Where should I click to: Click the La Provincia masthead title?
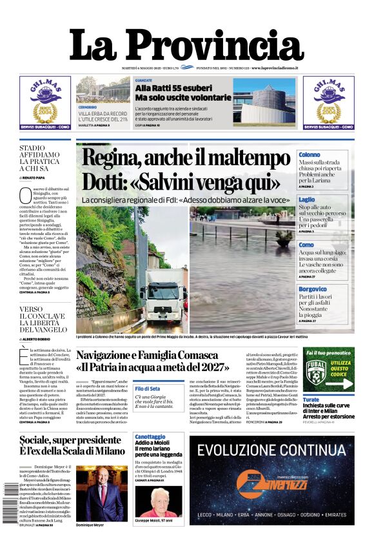[186, 46]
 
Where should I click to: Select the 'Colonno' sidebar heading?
[310, 155]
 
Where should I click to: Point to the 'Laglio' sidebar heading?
[307, 200]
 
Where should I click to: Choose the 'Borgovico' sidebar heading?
[313, 289]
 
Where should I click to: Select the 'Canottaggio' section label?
[150, 437]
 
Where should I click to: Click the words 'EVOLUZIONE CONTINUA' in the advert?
[271, 451]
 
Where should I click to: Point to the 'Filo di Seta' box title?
[148, 389]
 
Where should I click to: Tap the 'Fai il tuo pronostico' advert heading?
[328, 353]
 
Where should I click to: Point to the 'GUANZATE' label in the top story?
[144, 81]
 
